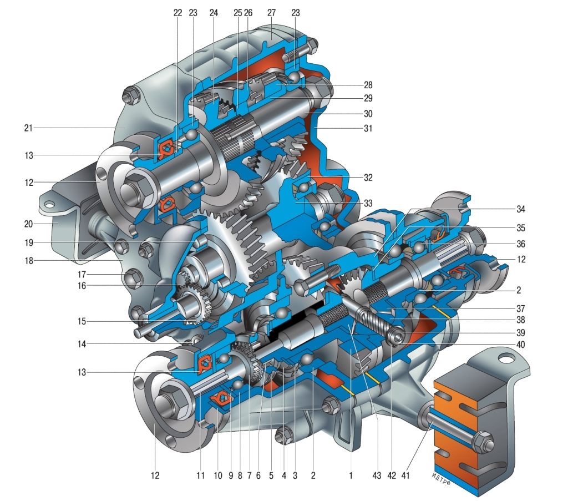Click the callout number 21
[x=28, y=128]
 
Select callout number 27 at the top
[x=271, y=13]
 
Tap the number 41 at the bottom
[x=405, y=475]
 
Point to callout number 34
[x=521, y=209]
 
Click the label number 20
[x=28, y=224]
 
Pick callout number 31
[x=368, y=128]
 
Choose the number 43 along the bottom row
[x=377, y=475]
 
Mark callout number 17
[x=82, y=274]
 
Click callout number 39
[x=521, y=332]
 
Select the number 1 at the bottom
[x=351, y=475]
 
